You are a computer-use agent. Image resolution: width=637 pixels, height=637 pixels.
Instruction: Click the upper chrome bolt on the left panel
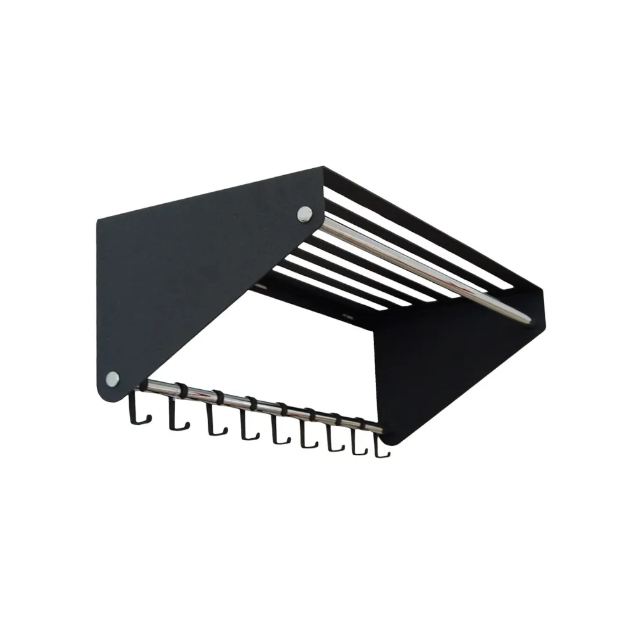coord(304,214)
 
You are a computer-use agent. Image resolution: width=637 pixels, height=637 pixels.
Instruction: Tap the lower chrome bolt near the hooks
coord(112,378)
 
